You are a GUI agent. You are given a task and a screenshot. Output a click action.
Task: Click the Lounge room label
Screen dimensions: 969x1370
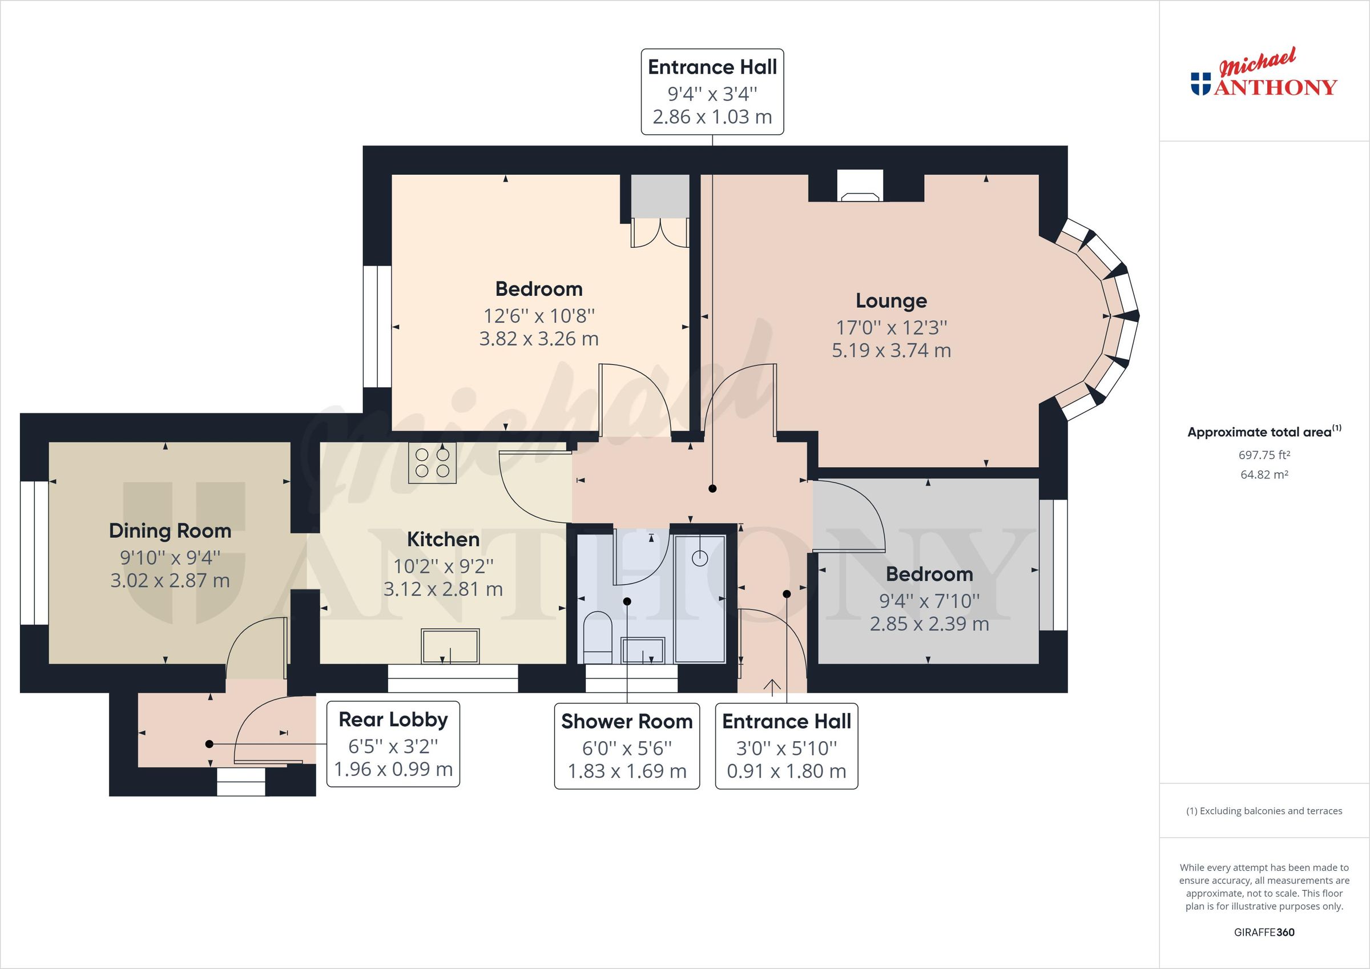pos(891,301)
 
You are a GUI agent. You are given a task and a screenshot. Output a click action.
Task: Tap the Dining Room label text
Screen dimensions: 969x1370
pos(170,531)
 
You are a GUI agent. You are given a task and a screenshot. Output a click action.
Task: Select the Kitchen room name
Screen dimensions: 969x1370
pos(443,540)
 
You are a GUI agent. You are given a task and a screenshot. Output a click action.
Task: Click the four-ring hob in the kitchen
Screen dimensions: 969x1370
pos(432,463)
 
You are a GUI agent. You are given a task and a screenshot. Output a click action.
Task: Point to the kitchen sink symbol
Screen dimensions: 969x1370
pos(450,646)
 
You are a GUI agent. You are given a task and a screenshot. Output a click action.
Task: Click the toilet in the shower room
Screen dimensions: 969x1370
pos(597,637)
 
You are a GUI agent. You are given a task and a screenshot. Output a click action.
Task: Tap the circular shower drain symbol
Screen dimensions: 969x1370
pos(699,558)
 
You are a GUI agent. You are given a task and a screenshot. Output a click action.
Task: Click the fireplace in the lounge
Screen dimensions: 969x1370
pos(860,187)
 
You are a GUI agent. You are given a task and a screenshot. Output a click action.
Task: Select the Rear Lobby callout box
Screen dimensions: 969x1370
pos(393,744)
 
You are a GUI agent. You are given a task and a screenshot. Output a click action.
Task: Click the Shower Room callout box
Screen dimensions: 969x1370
pos(627,746)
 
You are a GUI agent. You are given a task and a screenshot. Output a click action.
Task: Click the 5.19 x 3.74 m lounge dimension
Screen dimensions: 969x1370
pos(891,351)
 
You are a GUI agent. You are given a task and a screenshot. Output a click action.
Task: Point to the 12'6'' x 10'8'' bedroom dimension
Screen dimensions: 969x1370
pos(538,315)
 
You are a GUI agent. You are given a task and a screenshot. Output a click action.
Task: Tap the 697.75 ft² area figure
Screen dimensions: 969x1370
pos(1264,455)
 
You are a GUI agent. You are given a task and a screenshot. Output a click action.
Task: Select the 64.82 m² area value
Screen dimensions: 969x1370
pos(1264,475)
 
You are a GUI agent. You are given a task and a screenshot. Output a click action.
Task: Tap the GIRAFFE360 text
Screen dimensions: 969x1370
pos(1264,932)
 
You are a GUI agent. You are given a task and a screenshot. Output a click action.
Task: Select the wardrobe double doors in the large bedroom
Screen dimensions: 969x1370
pos(660,233)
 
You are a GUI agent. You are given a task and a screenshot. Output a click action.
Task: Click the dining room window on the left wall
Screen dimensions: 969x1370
pos(34,553)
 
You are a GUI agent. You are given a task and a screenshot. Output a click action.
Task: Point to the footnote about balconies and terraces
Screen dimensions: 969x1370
pos(1264,811)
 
